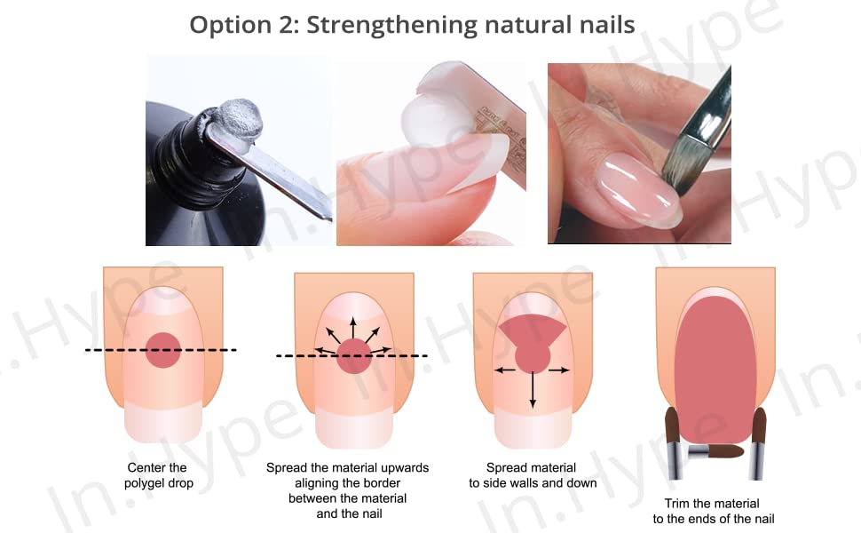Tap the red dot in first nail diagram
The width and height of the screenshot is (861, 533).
point(162,351)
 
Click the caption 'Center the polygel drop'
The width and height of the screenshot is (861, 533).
point(157,475)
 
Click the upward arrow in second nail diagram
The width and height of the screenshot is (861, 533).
point(352,326)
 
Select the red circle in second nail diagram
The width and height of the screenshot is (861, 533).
point(352,356)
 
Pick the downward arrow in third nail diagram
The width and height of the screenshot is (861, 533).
point(533,391)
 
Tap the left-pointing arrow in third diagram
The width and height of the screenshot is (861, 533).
point(504,370)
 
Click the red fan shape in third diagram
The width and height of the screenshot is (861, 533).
point(533,330)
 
